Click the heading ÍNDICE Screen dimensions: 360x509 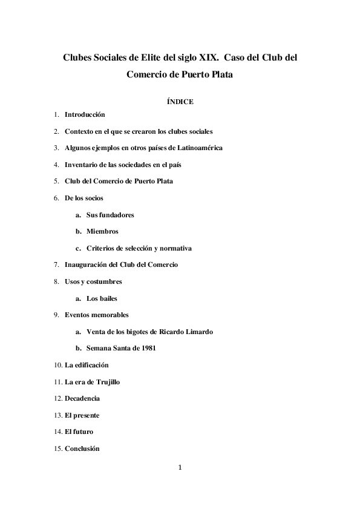click(x=180, y=102)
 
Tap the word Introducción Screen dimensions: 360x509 click(x=85, y=114)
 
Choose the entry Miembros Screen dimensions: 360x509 click(x=102, y=231)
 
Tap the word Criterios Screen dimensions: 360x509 click(x=101, y=248)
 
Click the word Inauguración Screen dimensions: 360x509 click(x=88, y=264)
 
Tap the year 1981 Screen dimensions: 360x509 click(x=149, y=349)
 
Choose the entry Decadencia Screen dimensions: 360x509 click(x=82, y=398)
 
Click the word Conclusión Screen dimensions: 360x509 click(x=82, y=448)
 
